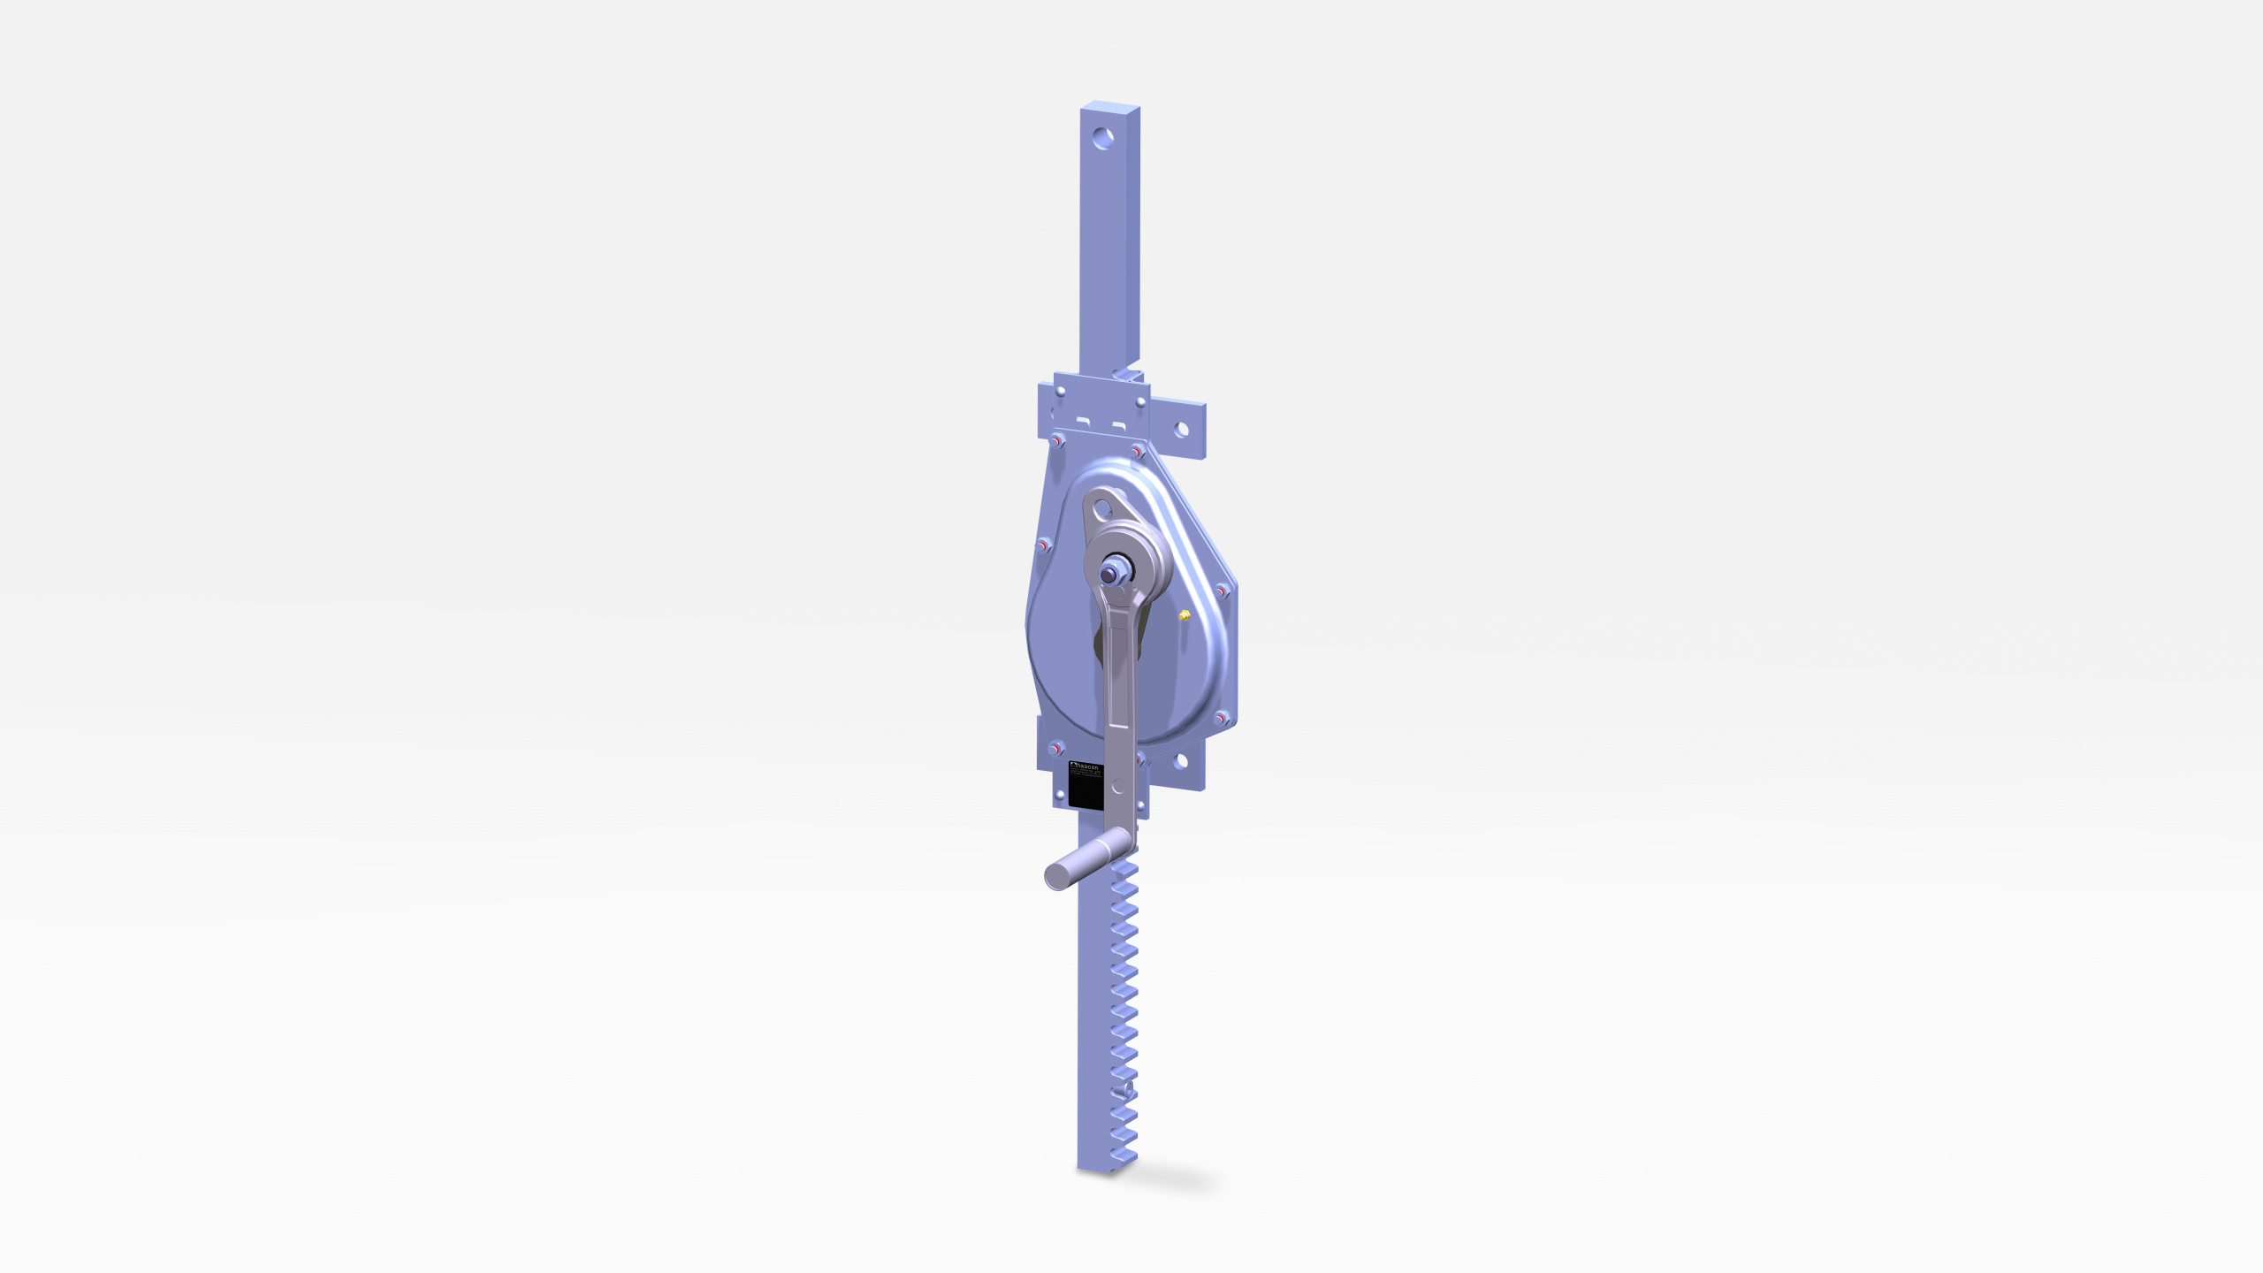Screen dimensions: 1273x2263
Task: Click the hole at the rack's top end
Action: click(1103, 138)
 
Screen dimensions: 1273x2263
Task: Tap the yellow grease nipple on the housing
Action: click(1185, 614)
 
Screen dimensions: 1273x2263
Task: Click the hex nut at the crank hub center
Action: click(1109, 573)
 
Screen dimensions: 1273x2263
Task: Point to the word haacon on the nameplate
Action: click(1088, 767)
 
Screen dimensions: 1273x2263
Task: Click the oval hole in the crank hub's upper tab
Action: click(1101, 509)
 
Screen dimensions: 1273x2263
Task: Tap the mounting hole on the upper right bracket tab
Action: click(1182, 430)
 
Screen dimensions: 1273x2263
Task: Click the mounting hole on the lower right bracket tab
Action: click(1181, 762)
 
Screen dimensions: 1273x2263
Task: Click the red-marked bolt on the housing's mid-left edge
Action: click(1044, 546)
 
